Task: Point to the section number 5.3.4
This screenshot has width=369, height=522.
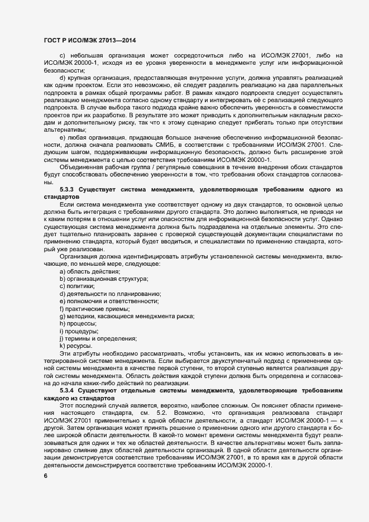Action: click(x=70, y=390)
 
